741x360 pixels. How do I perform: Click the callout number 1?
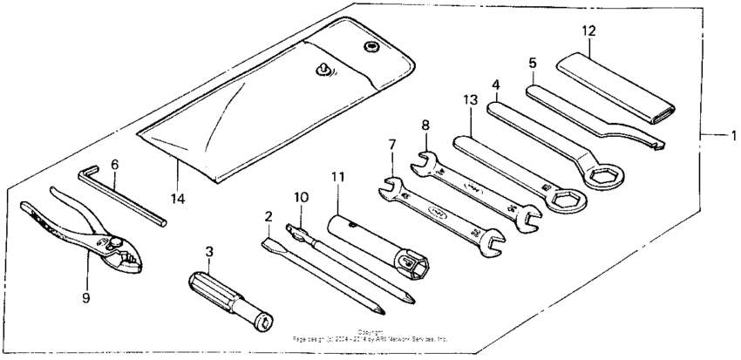point(732,136)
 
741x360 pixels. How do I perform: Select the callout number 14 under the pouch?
point(177,199)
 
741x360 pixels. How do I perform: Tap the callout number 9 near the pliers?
point(85,297)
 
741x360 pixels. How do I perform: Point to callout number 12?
point(588,31)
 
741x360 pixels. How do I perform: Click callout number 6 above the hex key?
point(114,164)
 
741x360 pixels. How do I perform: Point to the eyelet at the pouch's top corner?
point(371,45)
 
